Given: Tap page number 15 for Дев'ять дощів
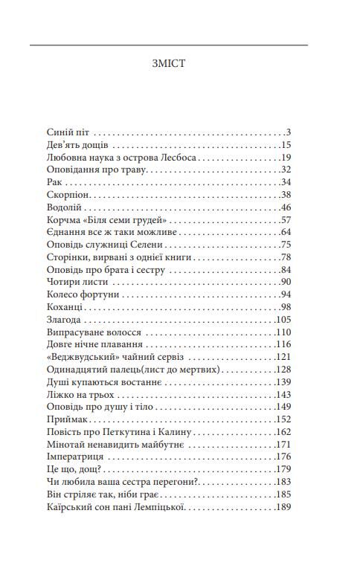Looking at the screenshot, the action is (285, 145).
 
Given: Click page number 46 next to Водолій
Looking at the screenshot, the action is (285, 207).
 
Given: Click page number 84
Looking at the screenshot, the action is (285, 270).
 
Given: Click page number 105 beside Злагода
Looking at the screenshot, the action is (283, 320).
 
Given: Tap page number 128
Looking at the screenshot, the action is (283, 370).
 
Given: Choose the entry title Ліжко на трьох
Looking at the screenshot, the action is (80, 396).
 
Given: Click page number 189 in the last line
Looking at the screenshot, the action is (283, 509).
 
